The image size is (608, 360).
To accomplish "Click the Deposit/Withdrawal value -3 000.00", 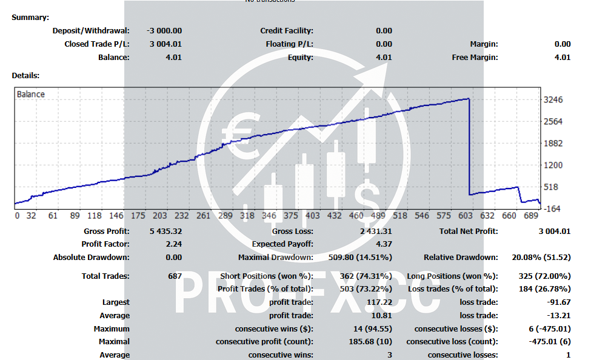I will click(x=164, y=31).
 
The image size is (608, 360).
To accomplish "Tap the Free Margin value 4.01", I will click(x=562, y=58).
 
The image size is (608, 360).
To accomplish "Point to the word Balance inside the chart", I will click(x=30, y=94).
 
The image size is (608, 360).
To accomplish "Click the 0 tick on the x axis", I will click(x=17, y=216).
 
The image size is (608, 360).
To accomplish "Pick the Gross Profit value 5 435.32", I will click(x=165, y=231).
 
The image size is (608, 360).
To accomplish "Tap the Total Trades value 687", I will click(x=175, y=276).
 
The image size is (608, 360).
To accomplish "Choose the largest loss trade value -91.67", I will click(x=558, y=302).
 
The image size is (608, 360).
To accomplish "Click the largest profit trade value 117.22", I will click(x=379, y=302).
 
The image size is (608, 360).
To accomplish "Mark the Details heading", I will click(x=25, y=76).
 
